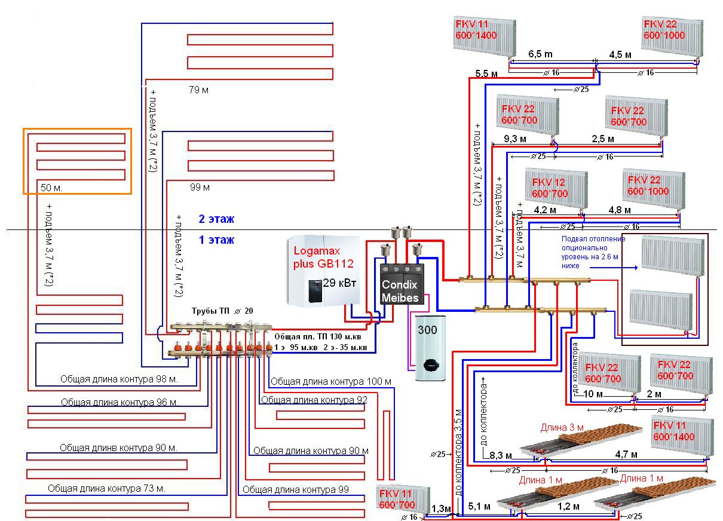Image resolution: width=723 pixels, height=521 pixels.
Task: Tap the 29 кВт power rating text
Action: click(x=339, y=283)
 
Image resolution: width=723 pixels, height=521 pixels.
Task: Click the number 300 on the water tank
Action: click(x=427, y=329)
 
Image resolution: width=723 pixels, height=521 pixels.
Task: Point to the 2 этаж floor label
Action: click(x=216, y=219)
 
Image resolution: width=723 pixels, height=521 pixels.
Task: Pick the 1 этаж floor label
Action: click(x=216, y=240)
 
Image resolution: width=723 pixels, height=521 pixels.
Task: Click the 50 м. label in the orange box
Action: click(x=51, y=188)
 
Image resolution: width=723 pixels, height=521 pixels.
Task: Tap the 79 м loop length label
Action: click(x=198, y=90)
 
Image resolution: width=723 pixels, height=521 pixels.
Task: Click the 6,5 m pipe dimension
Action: click(x=540, y=54)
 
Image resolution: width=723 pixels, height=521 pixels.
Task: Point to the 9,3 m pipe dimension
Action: click(x=515, y=139)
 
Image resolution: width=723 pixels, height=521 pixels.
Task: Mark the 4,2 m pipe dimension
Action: click(x=544, y=210)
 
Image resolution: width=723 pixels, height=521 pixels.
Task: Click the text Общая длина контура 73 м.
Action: click(x=106, y=488)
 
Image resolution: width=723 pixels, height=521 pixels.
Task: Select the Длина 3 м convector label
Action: click(x=562, y=428)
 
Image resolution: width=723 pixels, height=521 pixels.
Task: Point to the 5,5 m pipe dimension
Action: click(x=486, y=75)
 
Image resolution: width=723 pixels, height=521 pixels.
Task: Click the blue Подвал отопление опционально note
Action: click(x=593, y=252)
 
